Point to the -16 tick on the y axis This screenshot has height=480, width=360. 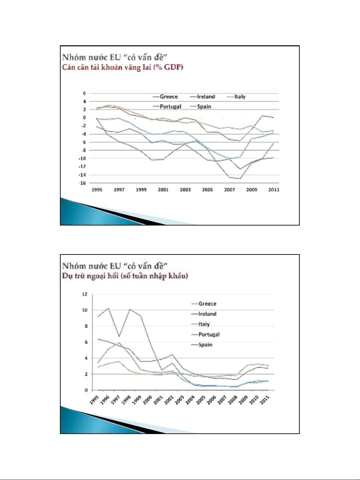click(x=82, y=183)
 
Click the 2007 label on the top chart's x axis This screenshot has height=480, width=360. click(x=229, y=190)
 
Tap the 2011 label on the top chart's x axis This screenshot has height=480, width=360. click(x=274, y=190)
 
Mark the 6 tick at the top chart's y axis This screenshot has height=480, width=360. click(x=85, y=93)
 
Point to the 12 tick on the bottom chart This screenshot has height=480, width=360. click(x=85, y=294)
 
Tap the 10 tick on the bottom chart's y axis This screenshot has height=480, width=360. click(x=85, y=310)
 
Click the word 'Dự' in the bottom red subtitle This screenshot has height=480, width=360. click(x=67, y=276)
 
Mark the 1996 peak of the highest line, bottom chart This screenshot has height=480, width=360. click(x=108, y=308)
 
